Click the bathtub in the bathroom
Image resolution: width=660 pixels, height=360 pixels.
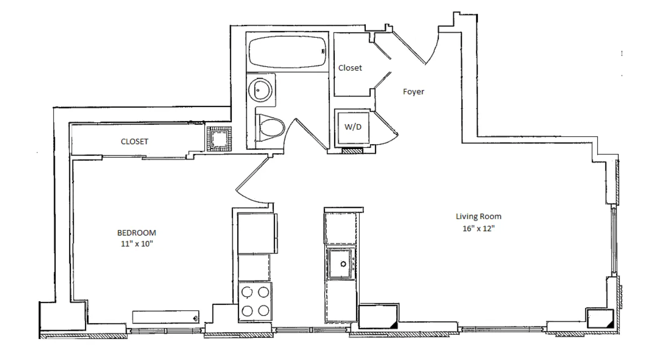point(287,52)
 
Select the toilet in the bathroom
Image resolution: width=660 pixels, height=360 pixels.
point(271,128)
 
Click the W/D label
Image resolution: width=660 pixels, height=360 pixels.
point(353,127)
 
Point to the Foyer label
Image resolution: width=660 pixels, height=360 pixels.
point(413,92)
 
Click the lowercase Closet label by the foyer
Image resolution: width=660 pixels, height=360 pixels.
point(350,68)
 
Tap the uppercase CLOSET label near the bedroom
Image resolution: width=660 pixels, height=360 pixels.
point(134,141)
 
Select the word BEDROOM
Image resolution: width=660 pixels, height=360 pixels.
point(137,233)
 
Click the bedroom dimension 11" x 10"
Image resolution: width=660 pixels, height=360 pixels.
point(137,244)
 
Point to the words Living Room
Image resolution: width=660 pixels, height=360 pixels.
point(479,216)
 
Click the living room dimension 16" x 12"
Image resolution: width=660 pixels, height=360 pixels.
point(479,228)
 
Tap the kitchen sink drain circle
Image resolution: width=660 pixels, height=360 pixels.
point(343,264)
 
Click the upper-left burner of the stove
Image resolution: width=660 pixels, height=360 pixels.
point(247,292)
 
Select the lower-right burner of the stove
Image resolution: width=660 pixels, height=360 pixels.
point(263,311)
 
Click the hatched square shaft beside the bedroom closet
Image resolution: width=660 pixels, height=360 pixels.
point(219,139)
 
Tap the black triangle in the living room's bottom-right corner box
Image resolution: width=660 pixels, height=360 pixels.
point(611,324)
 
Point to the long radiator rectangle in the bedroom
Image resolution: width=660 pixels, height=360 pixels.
point(165,317)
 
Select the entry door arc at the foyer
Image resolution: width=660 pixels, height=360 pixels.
point(434,48)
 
